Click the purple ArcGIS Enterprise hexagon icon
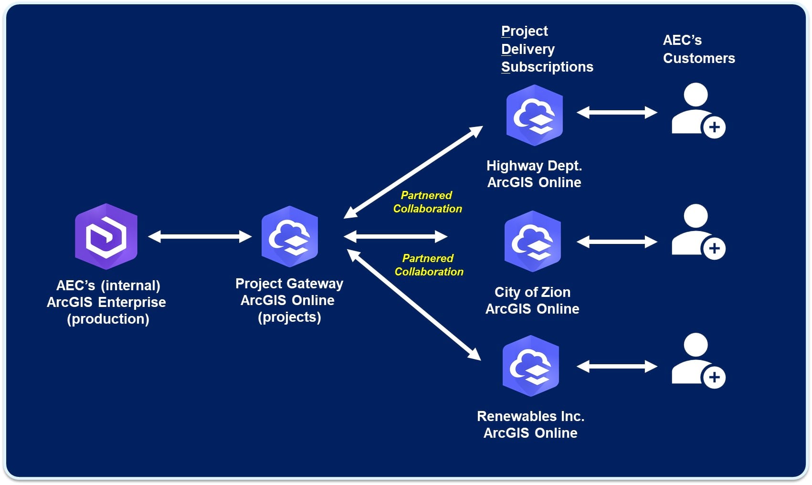[106, 236]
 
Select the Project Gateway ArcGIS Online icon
[290, 236]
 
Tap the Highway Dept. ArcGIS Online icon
[534, 115]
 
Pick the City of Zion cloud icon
[532, 241]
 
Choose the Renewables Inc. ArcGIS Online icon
[530, 366]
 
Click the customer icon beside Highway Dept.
[697, 110]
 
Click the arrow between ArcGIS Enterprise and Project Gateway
[200, 236]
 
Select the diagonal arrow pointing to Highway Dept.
[413, 172]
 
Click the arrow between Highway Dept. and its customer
[617, 113]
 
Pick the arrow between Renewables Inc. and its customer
[617, 367]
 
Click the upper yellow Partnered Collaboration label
[427, 202]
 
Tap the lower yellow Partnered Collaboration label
[429, 265]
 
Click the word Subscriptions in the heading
[547, 67]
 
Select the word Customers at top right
[699, 58]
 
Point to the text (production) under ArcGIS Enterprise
[108, 319]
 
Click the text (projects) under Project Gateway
[289, 317]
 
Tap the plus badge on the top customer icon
[714, 127]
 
